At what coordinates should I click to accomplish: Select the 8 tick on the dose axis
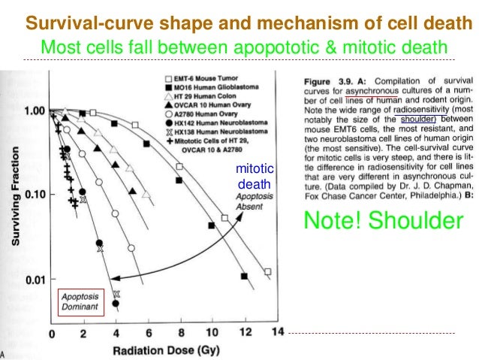coord(180,332)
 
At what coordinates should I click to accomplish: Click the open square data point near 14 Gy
coord(268,272)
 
